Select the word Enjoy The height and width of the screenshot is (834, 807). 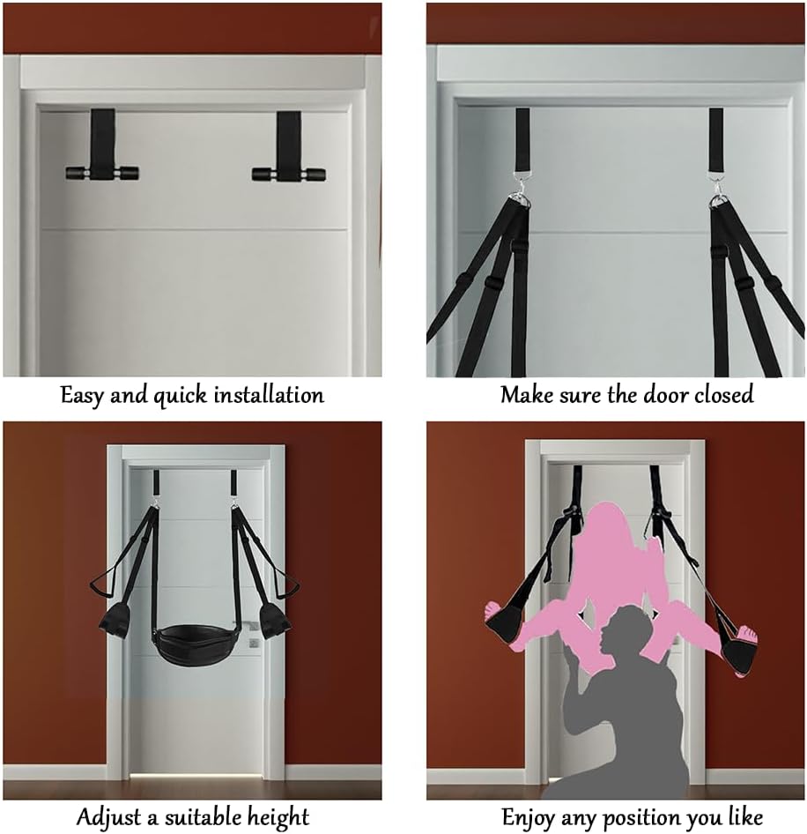(529, 816)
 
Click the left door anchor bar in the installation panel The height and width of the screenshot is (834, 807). (102, 173)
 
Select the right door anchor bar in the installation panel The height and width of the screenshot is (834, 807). (288, 174)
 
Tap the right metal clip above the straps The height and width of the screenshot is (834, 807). (717, 196)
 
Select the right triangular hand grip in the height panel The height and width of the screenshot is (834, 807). (285, 585)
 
